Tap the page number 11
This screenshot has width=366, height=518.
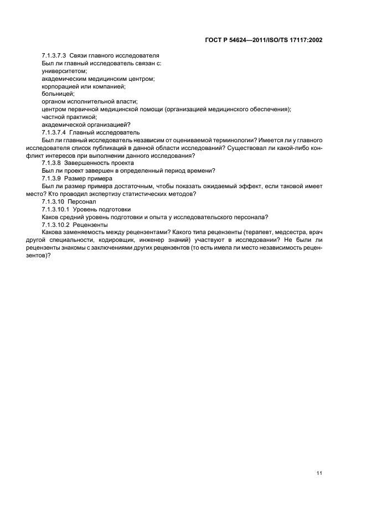(x=319, y=473)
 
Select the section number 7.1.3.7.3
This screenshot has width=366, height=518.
(x=54, y=56)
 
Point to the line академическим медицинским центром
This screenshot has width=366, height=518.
(x=97, y=79)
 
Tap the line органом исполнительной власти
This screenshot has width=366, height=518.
(x=89, y=102)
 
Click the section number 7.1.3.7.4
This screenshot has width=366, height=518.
(x=54, y=132)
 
